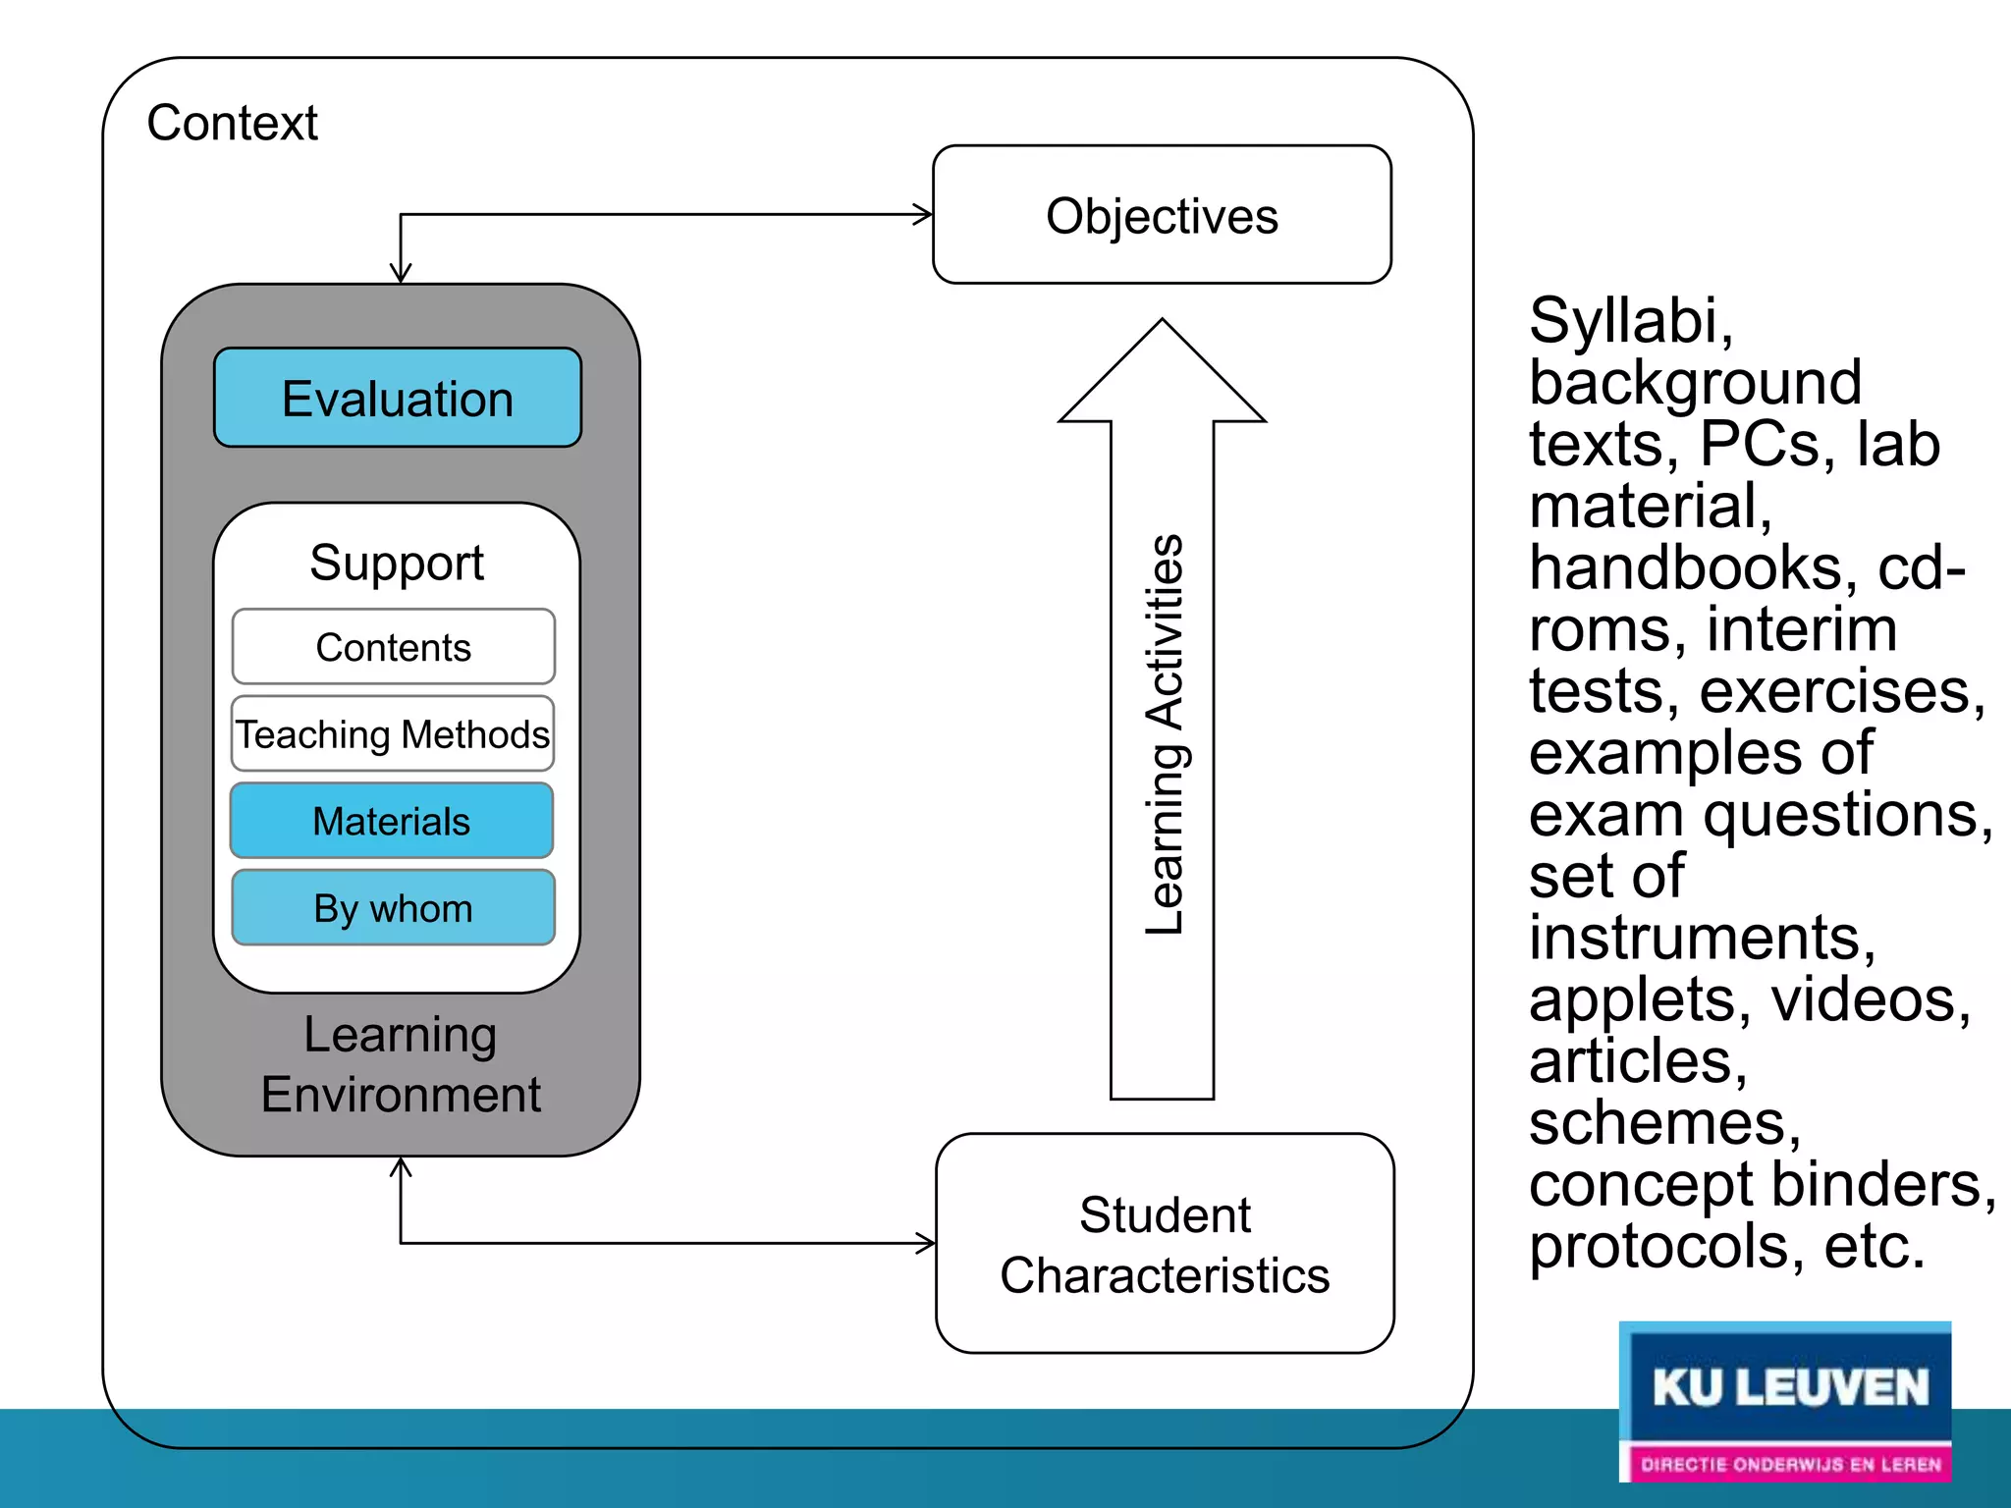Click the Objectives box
pyautogui.click(x=1162, y=215)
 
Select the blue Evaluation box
pyautogui.click(x=398, y=398)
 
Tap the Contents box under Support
pyautogui.click(x=394, y=647)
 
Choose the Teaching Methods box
pyautogui.click(x=393, y=733)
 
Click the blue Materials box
pyautogui.click(x=392, y=821)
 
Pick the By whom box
pyautogui.click(x=394, y=908)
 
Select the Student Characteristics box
pyautogui.click(x=1166, y=1244)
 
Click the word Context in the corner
pyautogui.click(x=233, y=124)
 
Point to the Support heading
pyautogui.click(x=397, y=564)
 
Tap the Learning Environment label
pyautogui.click(x=401, y=1064)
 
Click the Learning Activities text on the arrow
pyautogui.click(x=1165, y=733)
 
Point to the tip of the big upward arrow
pyautogui.click(x=1163, y=319)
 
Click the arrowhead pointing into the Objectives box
pyautogui.click(x=923, y=214)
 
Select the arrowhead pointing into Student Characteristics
pyautogui.click(x=926, y=1244)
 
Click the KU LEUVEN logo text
pyautogui.click(x=1790, y=1388)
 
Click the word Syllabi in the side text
pyautogui.click(x=1631, y=322)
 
